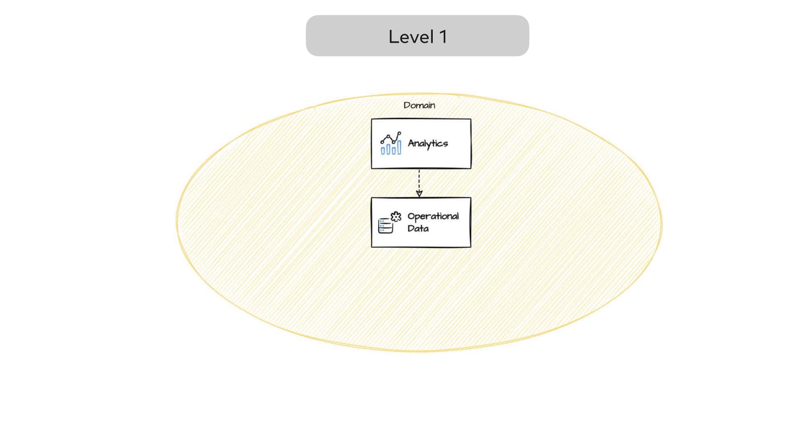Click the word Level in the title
coord(411,37)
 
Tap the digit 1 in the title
coord(443,37)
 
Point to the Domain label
coord(419,105)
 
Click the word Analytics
coord(427,143)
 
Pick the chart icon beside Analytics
coord(391,143)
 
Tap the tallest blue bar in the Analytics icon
coord(399,147)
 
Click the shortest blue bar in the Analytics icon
coord(383,150)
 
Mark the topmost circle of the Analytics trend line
coord(399,133)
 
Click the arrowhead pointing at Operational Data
coord(419,194)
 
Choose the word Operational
coord(433,216)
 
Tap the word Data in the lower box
coord(418,228)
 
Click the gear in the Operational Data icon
coord(396,217)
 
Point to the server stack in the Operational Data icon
coord(385,226)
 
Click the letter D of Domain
coord(406,105)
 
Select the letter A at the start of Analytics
coord(411,143)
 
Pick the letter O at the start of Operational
coord(411,216)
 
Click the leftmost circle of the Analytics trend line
coord(382,141)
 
